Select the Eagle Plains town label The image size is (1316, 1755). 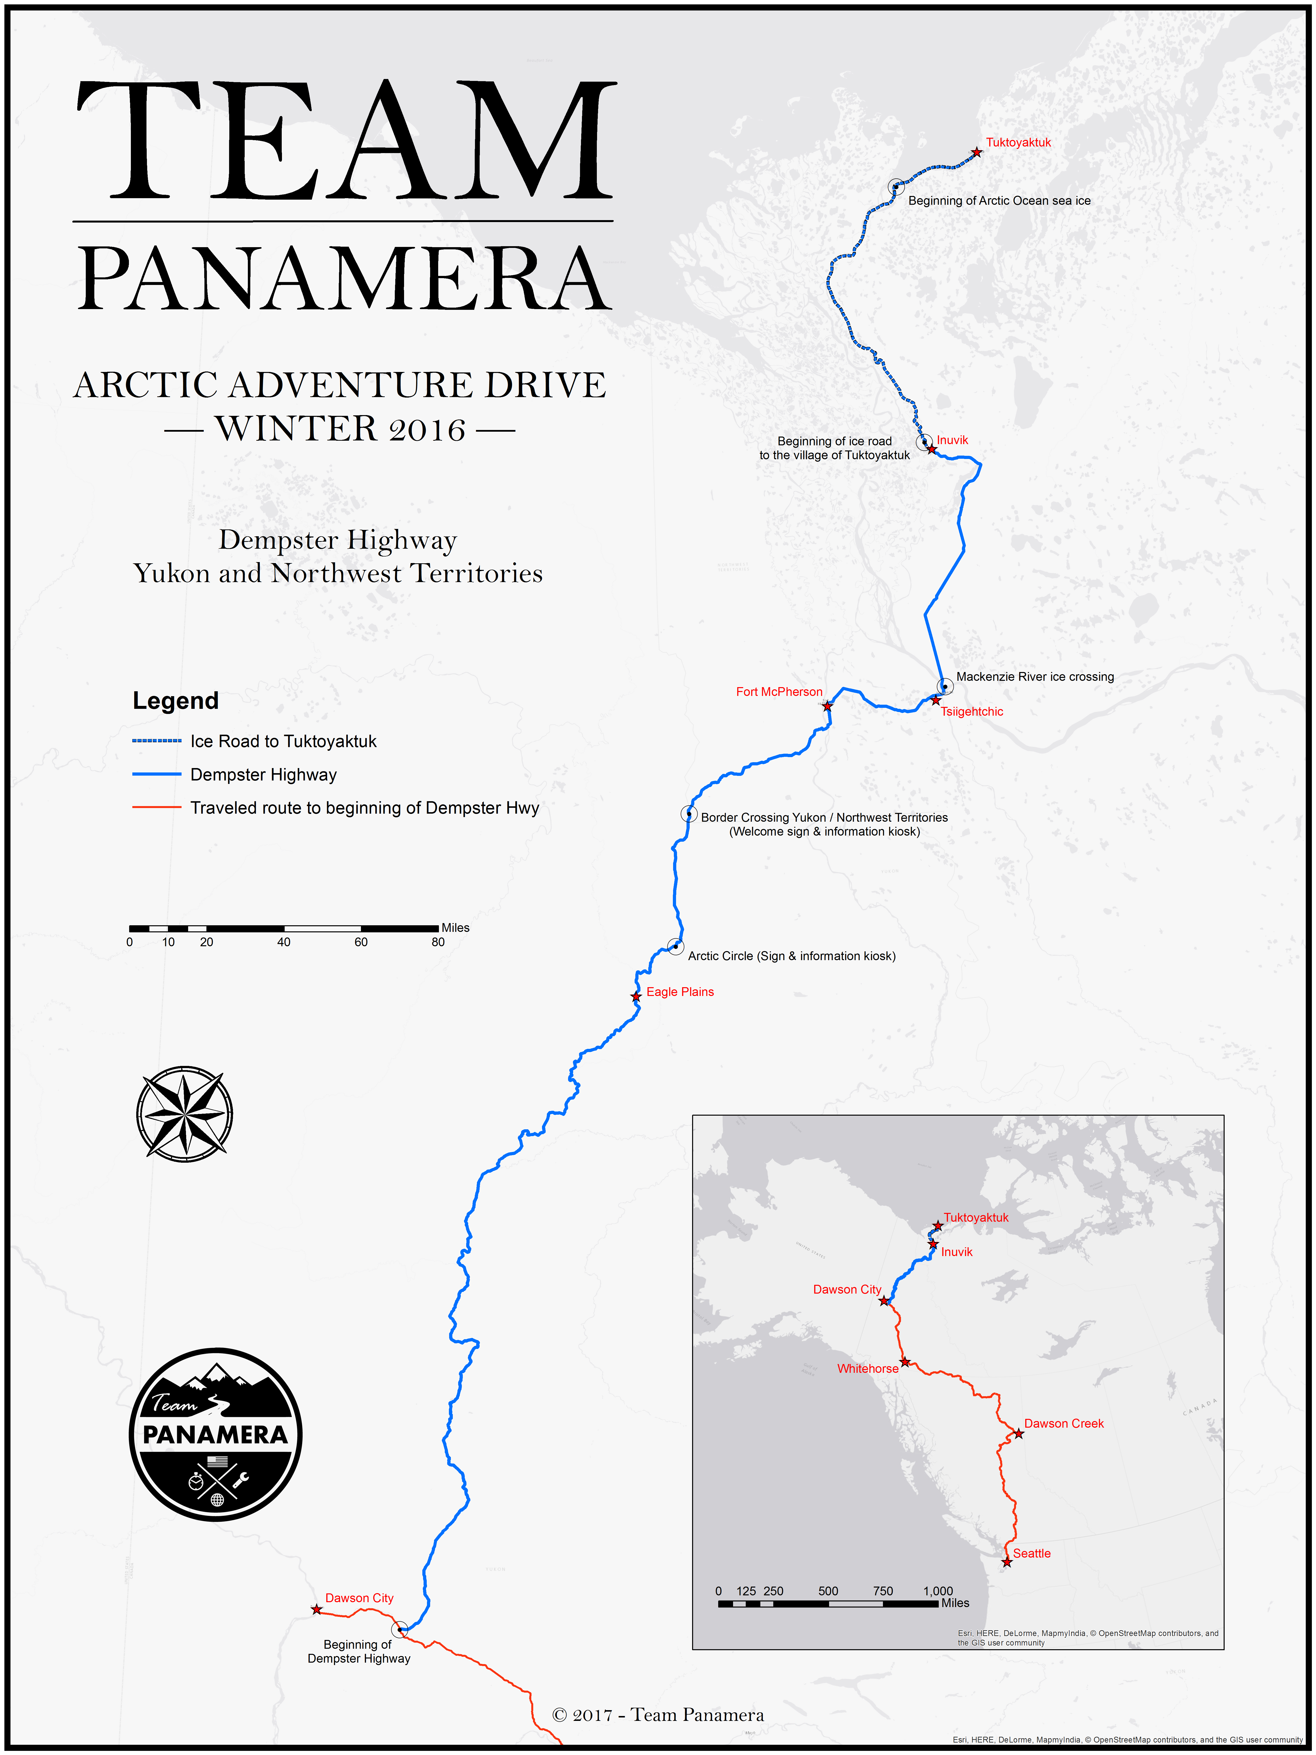680,992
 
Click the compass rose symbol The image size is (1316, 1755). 185,1114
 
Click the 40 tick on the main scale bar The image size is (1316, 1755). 284,942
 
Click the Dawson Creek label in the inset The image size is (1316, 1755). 1064,1423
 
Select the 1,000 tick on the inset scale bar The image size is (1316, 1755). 938,1591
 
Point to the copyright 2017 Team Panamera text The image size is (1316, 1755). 658,1715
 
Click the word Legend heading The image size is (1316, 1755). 175,701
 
